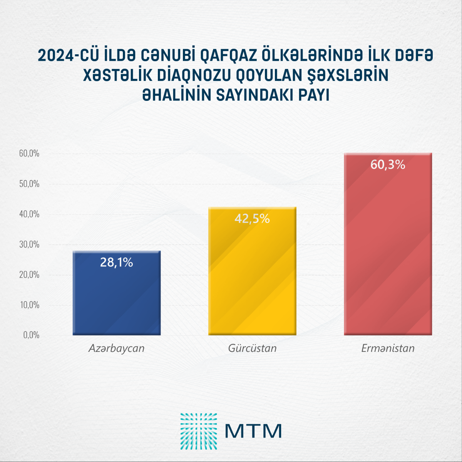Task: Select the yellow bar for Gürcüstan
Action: (252, 277)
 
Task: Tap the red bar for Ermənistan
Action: (388, 250)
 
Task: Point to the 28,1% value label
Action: (117, 262)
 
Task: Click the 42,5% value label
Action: (252, 219)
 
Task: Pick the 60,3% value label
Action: (388, 165)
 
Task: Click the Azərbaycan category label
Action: (117, 348)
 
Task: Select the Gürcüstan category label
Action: (252, 348)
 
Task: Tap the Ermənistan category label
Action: (388, 348)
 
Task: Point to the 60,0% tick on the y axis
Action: (29, 154)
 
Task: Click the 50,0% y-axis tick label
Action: (29, 184)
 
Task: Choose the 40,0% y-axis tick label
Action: (29, 214)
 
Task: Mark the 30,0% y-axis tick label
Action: (29, 244)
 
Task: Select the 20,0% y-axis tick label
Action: (29, 275)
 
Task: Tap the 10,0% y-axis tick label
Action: (29, 305)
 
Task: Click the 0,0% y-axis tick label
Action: (31, 335)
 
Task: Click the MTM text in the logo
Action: (253, 431)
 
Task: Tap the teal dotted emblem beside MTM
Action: (199, 431)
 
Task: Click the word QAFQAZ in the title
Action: (228, 56)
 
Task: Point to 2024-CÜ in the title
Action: (68, 56)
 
